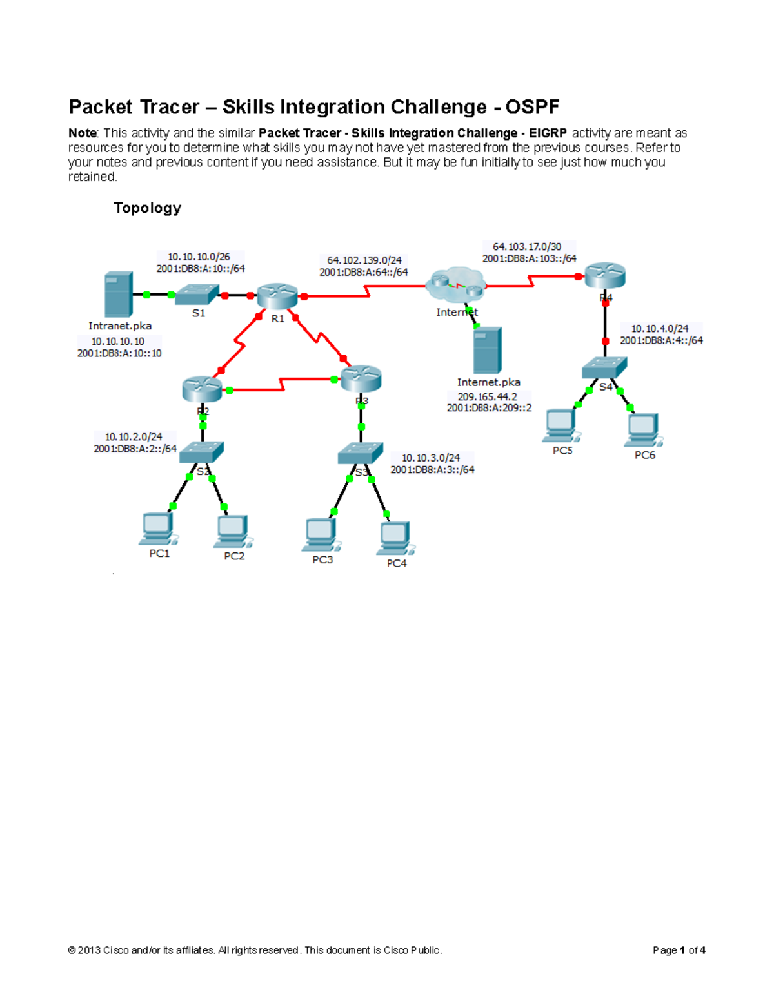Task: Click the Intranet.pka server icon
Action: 119,294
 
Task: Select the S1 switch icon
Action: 197,295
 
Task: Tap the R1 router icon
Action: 277,295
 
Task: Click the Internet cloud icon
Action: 456,286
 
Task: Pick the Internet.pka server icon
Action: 488,350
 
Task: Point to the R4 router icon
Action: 605,275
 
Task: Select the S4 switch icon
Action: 604,368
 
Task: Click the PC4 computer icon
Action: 396,538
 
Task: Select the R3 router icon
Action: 361,378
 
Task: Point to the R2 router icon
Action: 202,389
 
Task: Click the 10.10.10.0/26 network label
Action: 199,257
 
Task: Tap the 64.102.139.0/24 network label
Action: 364,260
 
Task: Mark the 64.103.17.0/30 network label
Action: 527,247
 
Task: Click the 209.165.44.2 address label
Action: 488,397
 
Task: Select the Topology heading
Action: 147,208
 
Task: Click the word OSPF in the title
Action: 532,107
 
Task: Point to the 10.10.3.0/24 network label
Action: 431,458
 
